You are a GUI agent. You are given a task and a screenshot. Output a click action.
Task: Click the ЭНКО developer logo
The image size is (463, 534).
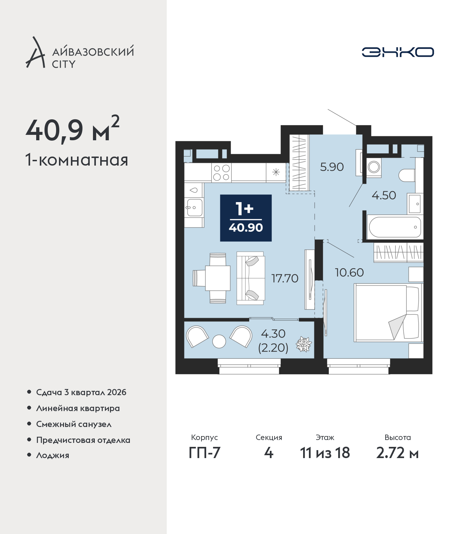pos(398,52)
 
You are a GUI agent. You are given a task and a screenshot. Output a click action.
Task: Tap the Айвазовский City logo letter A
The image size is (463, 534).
pos(35,53)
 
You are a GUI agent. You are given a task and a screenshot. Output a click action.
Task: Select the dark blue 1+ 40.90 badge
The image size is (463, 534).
pos(246,218)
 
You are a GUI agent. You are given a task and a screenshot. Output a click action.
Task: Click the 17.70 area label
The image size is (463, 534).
pos(285,278)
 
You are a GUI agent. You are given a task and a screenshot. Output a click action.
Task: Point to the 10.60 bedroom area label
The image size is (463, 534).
pos(349,273)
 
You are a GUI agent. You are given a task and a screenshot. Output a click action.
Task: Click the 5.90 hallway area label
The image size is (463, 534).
pos(332,167)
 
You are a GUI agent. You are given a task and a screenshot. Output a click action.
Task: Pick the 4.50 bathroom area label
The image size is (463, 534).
pos(384,195)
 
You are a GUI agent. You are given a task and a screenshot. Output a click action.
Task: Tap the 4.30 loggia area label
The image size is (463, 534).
pos(273,334)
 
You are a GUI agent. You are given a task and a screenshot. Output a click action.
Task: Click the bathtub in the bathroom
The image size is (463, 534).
pos(395,227)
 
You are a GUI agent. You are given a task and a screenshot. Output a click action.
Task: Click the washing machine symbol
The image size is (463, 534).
pos(374,167)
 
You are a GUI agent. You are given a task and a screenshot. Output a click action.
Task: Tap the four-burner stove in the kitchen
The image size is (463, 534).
pos(221,172)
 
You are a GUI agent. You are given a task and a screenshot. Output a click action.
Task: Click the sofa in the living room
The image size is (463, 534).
pos(251,278)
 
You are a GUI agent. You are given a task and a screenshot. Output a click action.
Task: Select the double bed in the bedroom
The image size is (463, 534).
pos(388,313)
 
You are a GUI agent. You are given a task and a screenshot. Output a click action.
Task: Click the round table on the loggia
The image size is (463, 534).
pos(219,341)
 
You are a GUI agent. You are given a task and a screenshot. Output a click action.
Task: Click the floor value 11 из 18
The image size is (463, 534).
pos(325,453)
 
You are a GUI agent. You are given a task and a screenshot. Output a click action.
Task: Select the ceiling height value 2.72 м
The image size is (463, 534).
pos(397,453)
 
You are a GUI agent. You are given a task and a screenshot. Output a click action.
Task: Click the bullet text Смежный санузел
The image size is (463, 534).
pos(74,424)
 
